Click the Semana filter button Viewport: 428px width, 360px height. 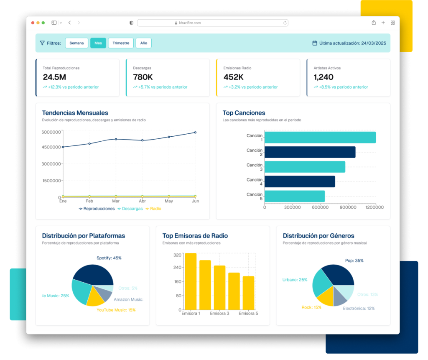[76, 43]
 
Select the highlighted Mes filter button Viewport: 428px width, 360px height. [98, 43]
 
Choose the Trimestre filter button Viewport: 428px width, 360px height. [121, 43]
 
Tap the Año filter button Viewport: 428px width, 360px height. [143, 43]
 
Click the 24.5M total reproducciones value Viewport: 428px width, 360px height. [54, 77]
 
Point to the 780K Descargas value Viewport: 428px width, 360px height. [143, 77]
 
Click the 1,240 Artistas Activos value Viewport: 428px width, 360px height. [324, 77]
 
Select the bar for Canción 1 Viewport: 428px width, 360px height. [320, 138]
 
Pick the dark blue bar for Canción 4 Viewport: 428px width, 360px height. [300, 181]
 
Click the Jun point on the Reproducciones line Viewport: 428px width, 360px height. [195, 133]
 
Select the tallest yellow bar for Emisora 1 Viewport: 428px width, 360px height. [191, 281]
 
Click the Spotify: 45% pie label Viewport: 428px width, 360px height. [109, 258]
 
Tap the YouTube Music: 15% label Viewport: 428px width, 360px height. [116, 310]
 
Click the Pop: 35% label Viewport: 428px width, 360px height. [354, 260]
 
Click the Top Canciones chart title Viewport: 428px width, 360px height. [244, 113]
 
